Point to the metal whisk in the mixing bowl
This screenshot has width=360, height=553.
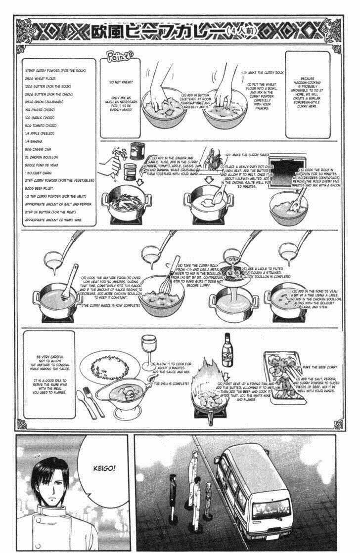tap(174, 282)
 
